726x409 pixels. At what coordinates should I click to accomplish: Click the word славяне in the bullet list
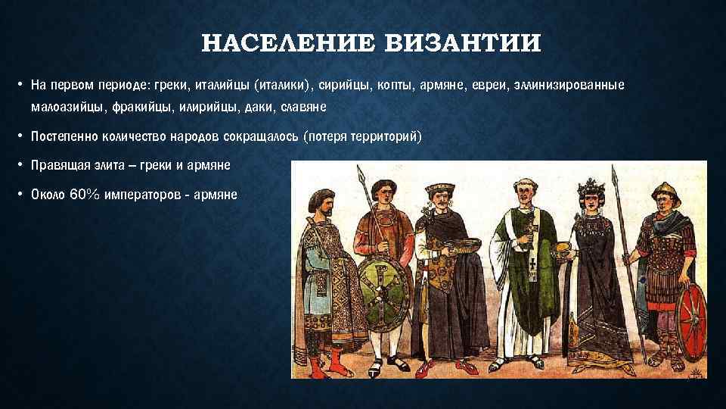click(x=303, y=107)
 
